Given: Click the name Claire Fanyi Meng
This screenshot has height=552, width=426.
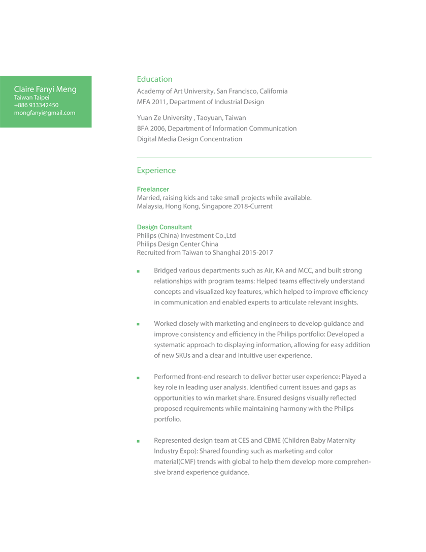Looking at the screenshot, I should click(x=45, y=89).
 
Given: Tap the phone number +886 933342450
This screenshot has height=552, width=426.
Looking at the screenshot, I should click(x=36, y=105).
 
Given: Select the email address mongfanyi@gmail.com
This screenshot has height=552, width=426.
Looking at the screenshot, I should click(x=45, y=113).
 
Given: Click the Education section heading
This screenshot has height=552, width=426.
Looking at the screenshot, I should click(x=154, y=79).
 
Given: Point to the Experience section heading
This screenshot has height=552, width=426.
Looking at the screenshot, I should click(x=156, y=171).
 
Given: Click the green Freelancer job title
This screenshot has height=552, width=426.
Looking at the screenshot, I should click(x=153, y=189).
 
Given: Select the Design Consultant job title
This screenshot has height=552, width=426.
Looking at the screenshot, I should click(x=165, y=227).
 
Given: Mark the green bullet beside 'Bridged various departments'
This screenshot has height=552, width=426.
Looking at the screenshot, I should click(x=138, y=271).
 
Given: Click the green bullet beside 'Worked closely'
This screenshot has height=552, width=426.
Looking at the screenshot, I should click(x=138, y=324).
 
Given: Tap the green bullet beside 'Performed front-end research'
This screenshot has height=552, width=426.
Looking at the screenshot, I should click(x=138, y=378).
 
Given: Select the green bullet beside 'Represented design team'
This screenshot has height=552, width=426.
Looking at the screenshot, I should click(x=138, y=441).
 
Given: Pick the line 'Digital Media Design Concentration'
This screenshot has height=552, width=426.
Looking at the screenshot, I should click(x=189, y=139).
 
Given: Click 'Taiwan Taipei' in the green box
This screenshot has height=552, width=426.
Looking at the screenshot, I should click(x=31, y=98).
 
